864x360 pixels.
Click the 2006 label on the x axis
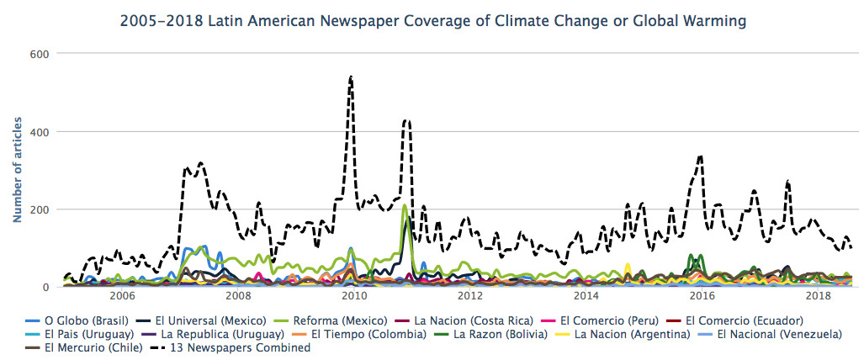point(122,297)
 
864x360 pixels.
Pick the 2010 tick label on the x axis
point(353,297)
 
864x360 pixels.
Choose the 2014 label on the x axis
point(586,297)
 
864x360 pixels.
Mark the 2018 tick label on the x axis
point(818,297)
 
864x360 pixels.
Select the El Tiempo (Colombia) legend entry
point(363,334)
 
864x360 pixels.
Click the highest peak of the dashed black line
point(350,77)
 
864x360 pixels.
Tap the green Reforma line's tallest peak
point(405,205)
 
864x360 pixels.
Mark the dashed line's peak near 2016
point(700,156)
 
